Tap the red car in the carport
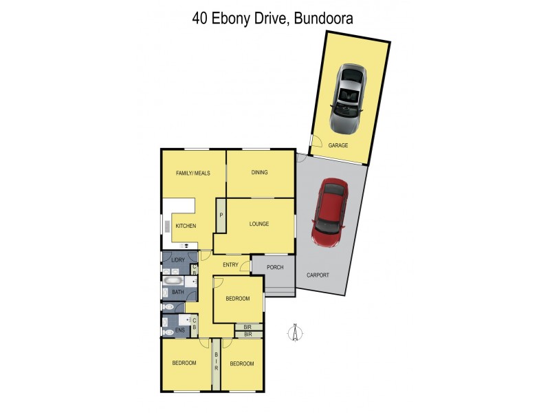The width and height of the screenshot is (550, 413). (329, 213)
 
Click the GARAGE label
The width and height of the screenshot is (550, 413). (338, 145)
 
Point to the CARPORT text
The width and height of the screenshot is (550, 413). (318, 275)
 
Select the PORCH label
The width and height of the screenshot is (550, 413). (274, 268)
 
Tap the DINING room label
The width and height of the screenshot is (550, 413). (259, 173)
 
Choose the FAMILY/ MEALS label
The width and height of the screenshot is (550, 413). (192, 173)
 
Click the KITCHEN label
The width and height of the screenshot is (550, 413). (186, 226)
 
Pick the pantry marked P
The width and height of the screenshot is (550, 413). (221, 215)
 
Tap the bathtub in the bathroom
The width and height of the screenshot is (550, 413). (173, 281)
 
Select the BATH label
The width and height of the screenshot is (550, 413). (177, 293)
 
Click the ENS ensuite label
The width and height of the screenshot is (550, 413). (179, 331)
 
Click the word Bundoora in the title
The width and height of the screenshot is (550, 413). (323, 19)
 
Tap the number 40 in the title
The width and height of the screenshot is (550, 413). (200, 19)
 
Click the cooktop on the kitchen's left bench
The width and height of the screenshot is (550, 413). (167, 227)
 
